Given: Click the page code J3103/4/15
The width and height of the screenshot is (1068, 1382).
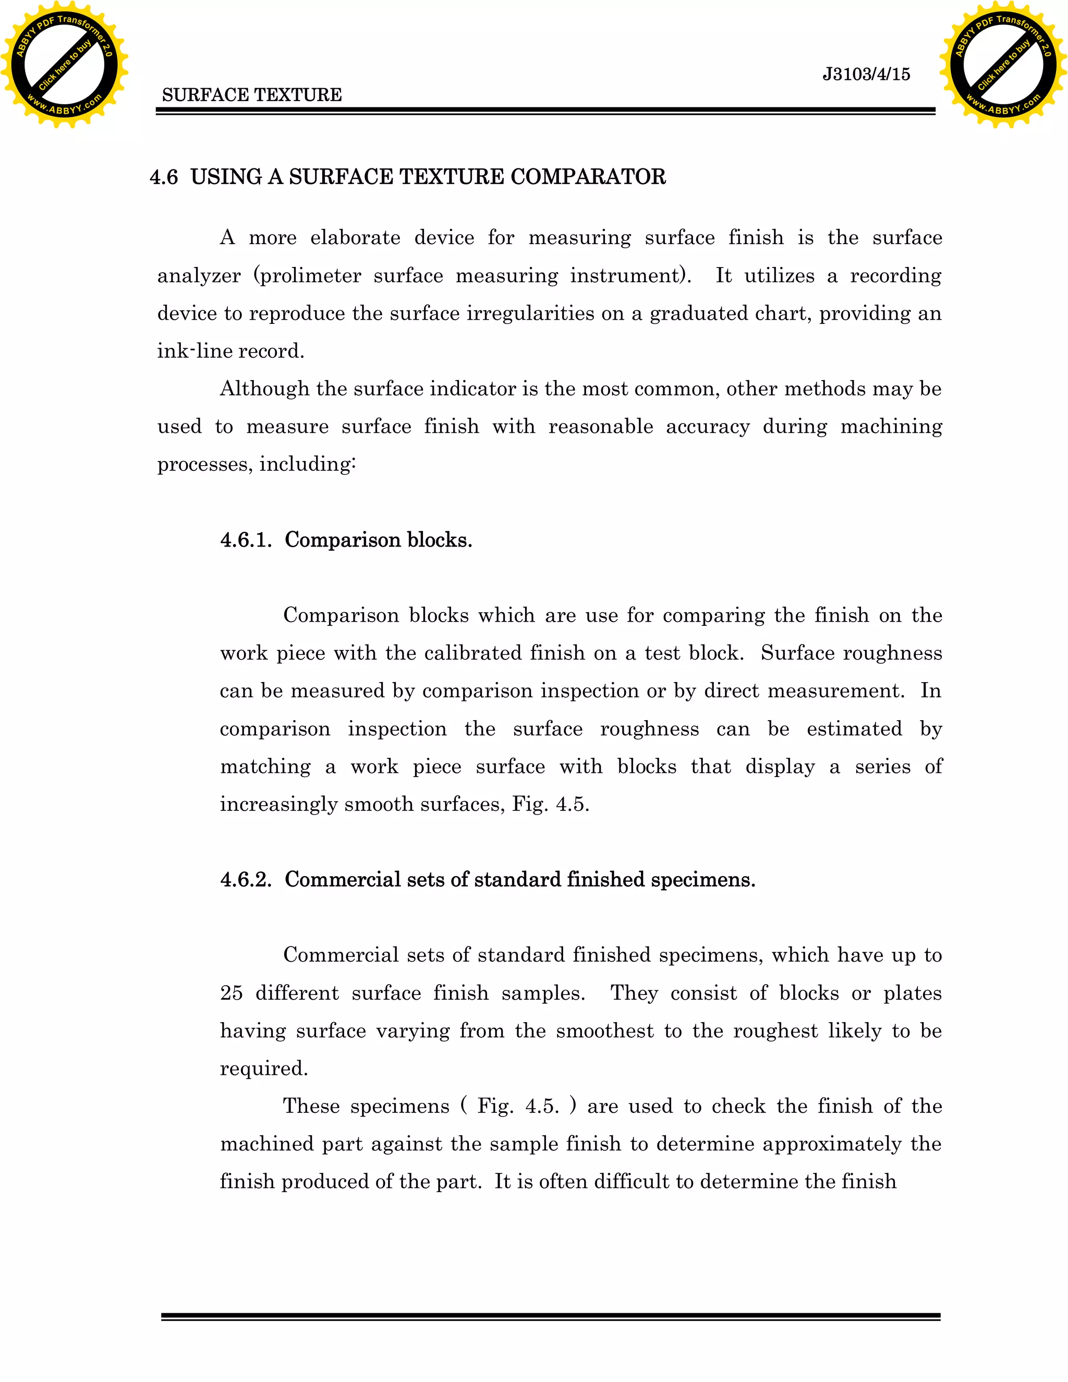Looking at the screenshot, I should (x=866, y=74).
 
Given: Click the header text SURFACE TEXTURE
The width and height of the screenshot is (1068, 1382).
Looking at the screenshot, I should (x=252, y=95).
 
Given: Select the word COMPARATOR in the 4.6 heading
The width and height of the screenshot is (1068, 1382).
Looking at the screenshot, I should (x=588, y=177).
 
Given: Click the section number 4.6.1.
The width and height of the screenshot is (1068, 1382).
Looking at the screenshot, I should (x=246, y=540).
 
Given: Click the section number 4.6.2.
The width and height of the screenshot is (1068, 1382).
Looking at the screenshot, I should (x=246, y=880).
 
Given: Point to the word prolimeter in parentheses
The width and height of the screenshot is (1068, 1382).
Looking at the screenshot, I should (x=310, y=276).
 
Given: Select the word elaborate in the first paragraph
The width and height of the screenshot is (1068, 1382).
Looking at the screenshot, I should (x=355, y=238).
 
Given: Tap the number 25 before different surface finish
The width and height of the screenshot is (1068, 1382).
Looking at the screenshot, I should (x=231, y=993).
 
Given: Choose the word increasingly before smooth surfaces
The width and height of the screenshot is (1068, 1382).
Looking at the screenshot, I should (x=278, y=804).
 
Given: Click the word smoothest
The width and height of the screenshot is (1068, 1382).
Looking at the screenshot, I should (x=604, y=1031).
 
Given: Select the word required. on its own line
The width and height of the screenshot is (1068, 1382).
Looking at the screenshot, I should (x=264, y=1069).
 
